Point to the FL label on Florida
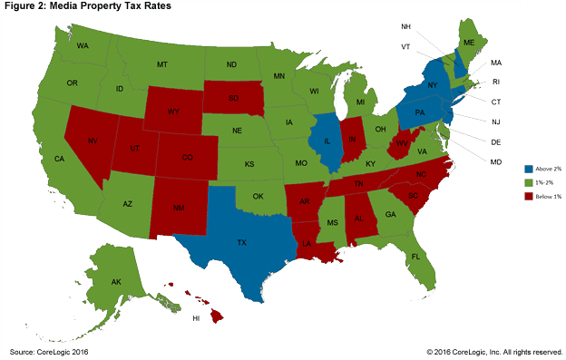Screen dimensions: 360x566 point(415,257)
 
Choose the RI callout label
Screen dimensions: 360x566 point(496,82)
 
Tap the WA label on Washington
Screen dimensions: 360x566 point(81,45)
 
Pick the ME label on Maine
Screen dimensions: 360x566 point(467,43)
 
